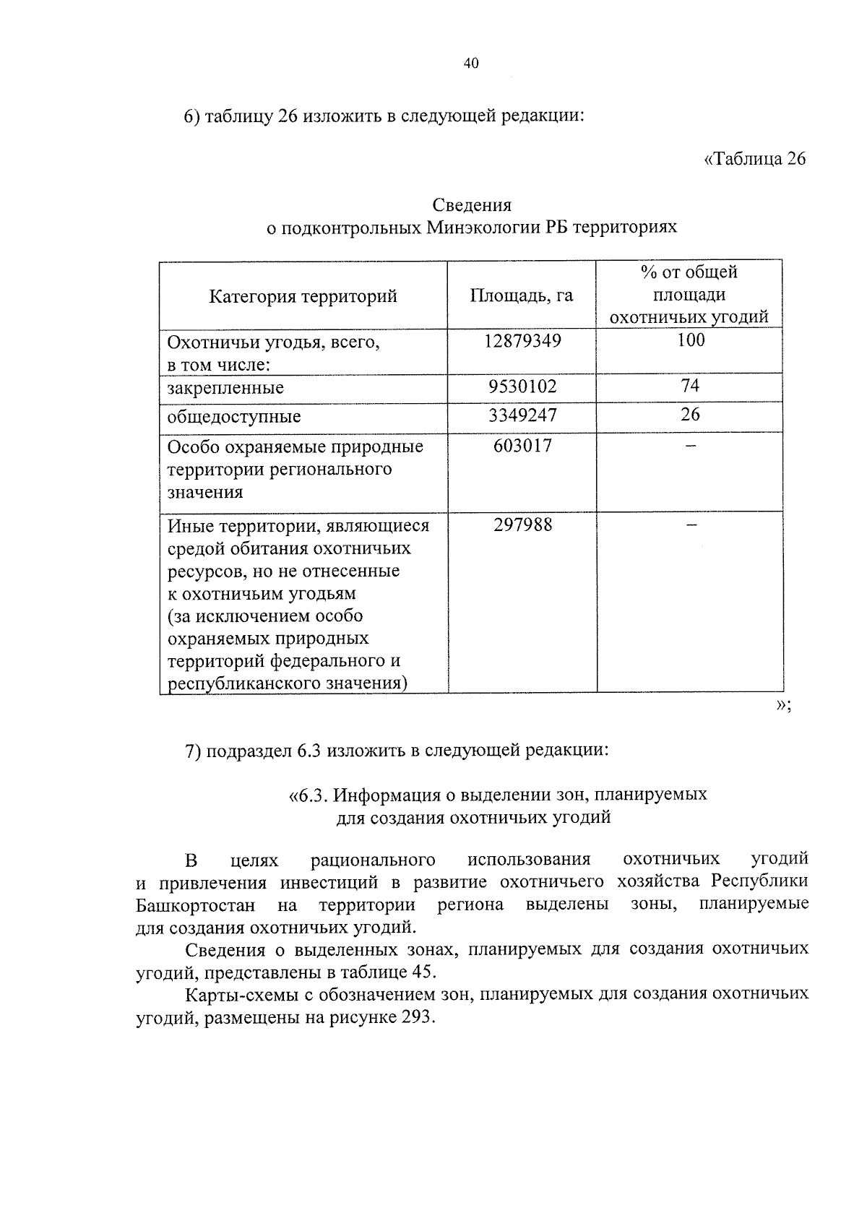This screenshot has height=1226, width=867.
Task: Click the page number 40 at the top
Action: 470,64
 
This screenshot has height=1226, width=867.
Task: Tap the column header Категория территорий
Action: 303,296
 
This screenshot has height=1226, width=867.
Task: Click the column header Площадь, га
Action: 522,295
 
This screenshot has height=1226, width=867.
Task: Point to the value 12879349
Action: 522,341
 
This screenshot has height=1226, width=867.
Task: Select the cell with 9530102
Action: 522,387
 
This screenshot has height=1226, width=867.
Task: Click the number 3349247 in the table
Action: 522,415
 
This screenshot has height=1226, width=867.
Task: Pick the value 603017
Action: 522,446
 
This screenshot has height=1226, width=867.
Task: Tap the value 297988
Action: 522,525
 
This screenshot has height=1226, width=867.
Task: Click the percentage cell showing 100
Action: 690,340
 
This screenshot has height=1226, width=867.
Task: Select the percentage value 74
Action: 690,386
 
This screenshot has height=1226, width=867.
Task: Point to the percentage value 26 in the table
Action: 690,415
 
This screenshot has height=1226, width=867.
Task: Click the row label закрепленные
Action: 225,388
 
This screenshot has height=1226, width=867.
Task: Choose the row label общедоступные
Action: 234,417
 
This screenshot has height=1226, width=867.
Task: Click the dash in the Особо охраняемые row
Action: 690,446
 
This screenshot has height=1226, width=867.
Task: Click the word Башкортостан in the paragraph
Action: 195,905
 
